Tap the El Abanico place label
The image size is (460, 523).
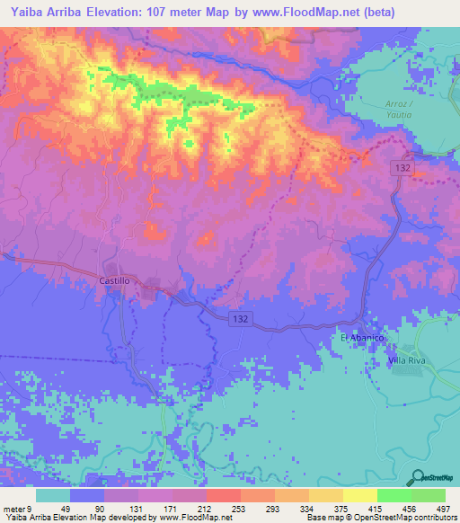[362, 337]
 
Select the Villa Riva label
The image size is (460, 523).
[392, 359]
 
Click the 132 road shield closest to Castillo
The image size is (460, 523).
[237, 320]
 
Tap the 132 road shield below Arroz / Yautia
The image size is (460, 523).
[402, 167]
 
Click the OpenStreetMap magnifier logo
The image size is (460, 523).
[415, 477]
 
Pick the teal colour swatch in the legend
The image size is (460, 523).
[52, 495]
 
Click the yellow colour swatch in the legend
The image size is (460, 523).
[359, 495]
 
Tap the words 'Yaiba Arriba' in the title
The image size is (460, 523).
[40, 12]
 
